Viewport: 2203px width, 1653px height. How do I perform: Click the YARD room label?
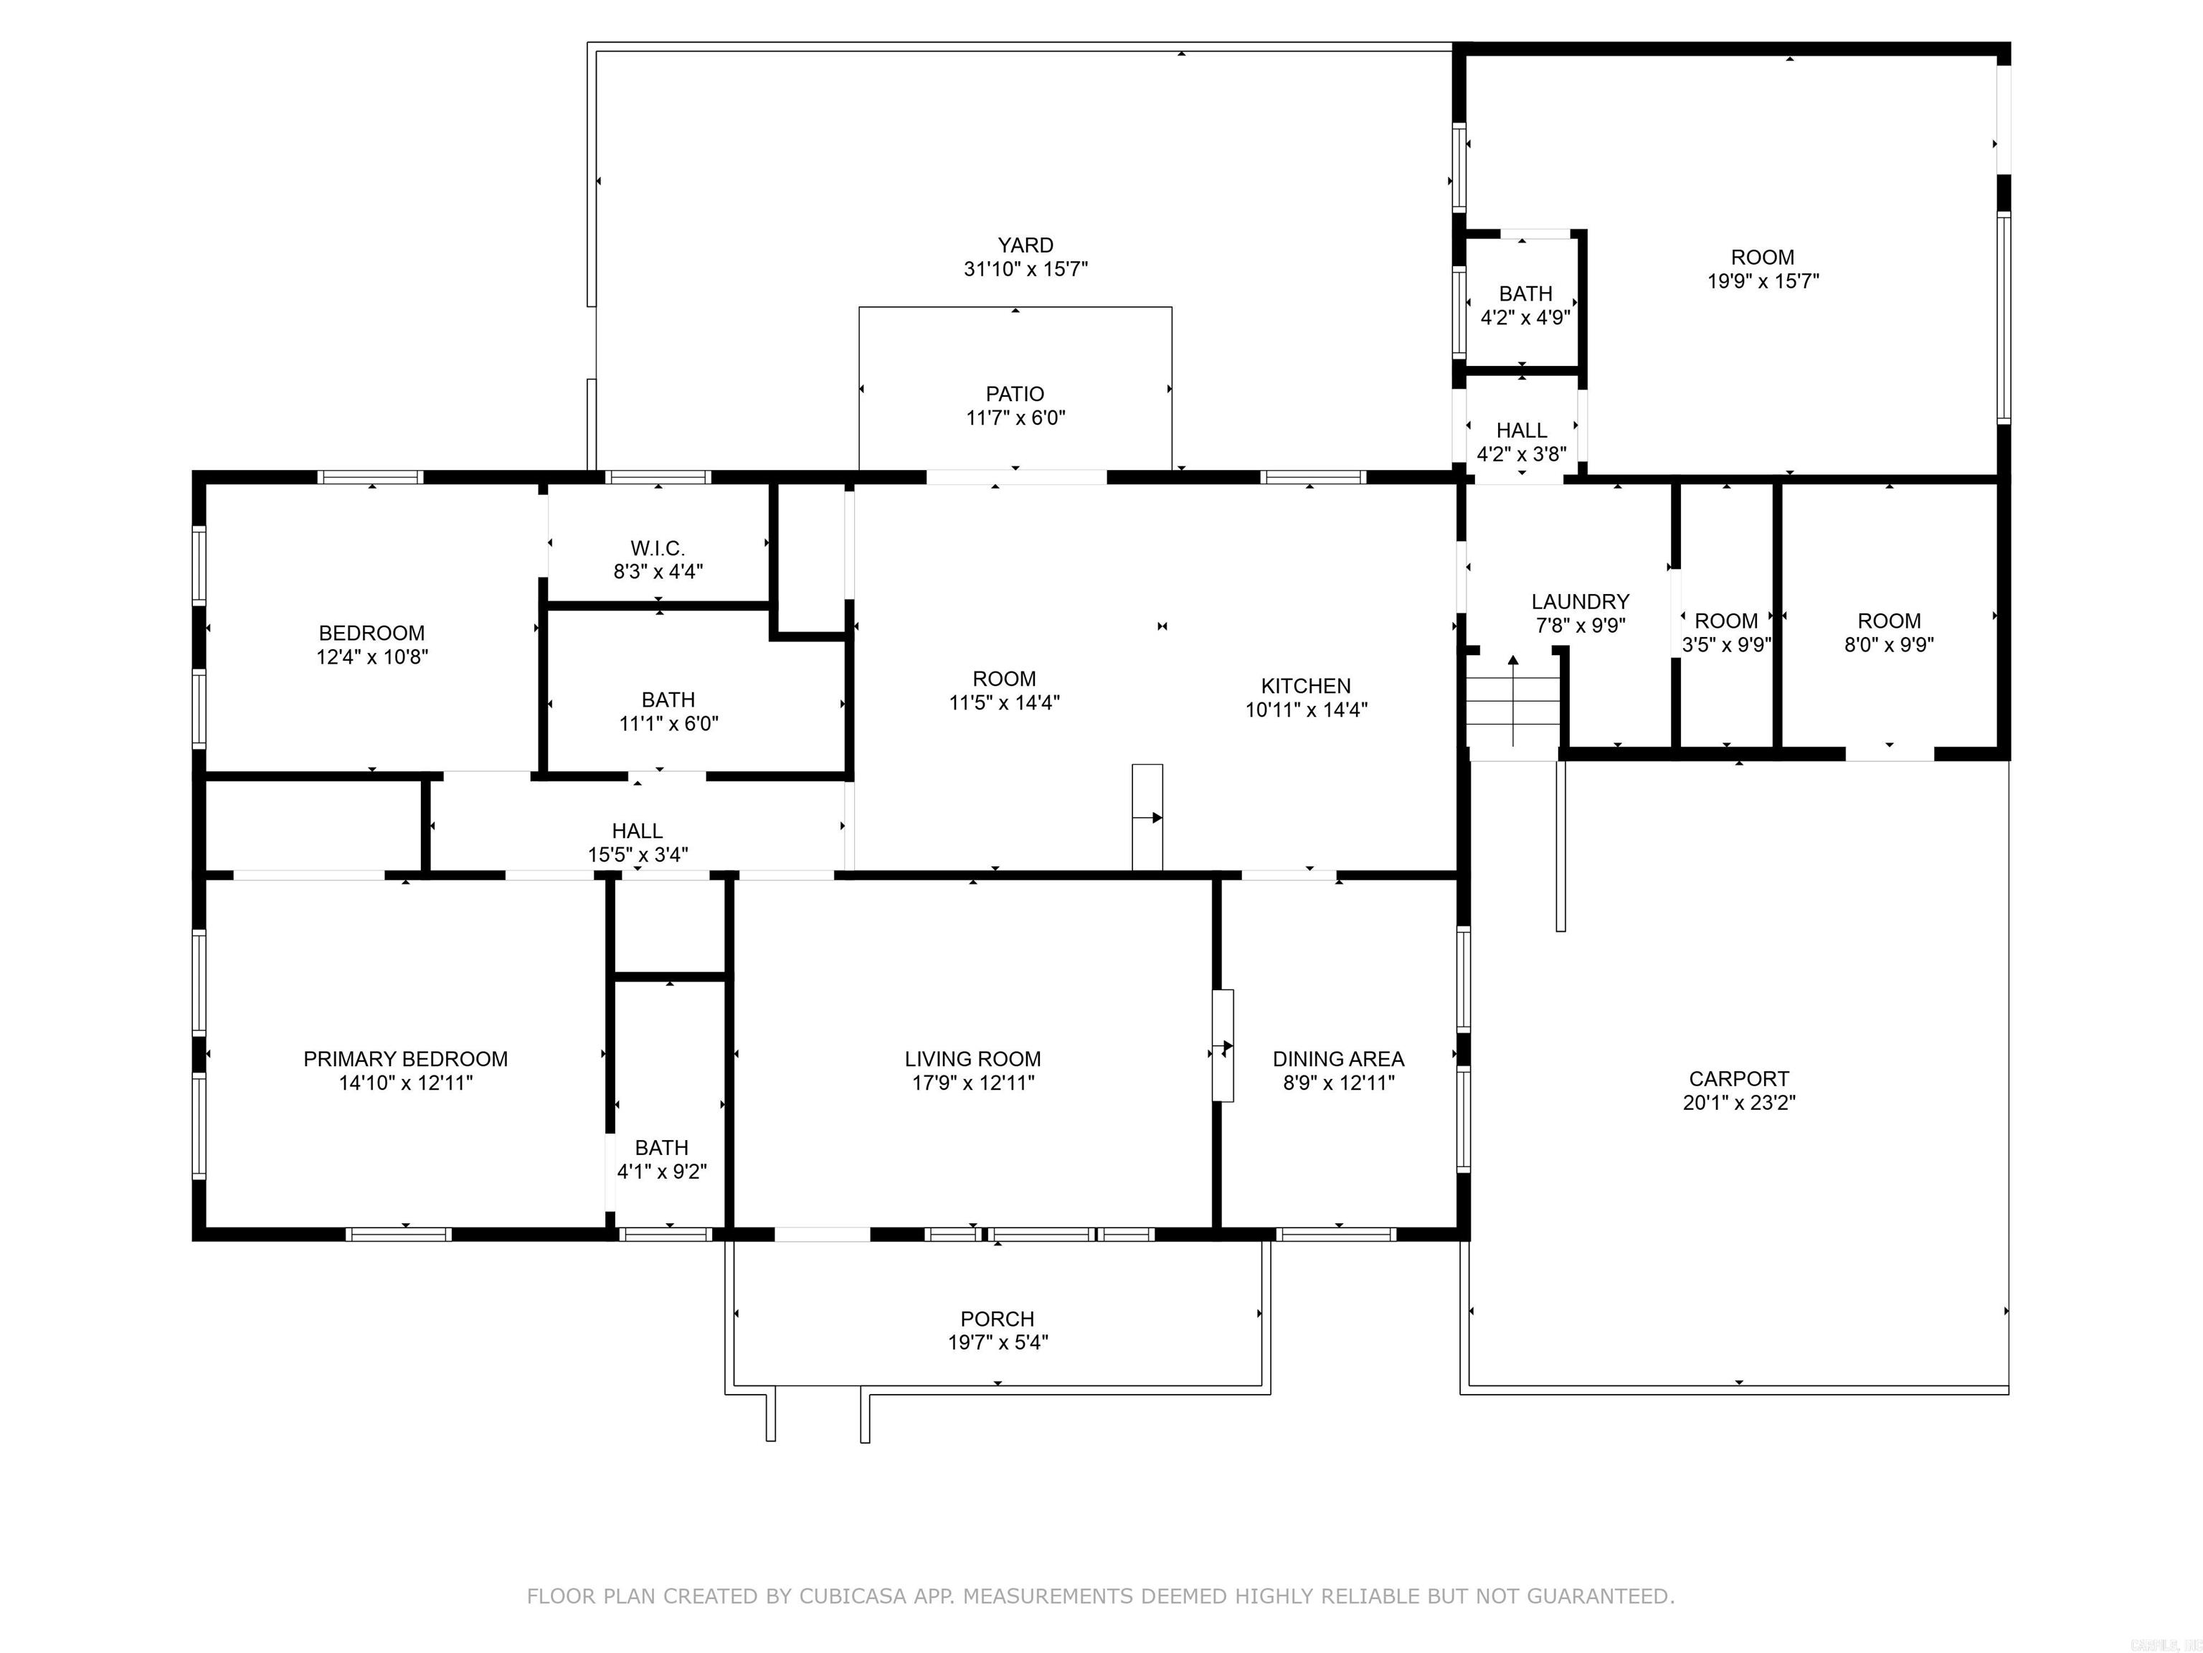coord(1025,245)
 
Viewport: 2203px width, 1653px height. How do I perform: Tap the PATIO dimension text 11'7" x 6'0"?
coord(1015,418)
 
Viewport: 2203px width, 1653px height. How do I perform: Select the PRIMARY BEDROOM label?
coord(405,1059)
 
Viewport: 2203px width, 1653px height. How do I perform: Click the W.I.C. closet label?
coord(658,549)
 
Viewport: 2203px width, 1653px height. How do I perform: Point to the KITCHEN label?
coord(1306,687)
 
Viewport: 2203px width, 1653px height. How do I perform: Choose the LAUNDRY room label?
coord(1580,602)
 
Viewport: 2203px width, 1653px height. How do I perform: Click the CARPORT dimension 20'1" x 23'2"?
coord(1739,1103)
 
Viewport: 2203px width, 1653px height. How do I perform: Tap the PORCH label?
coord(997,1319)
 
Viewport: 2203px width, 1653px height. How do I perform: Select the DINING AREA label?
coord(1339,1059)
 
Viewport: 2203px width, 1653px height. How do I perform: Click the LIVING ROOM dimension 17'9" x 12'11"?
coord(973,1083)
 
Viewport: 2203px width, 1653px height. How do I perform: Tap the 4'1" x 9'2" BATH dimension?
coord(661,1172)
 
